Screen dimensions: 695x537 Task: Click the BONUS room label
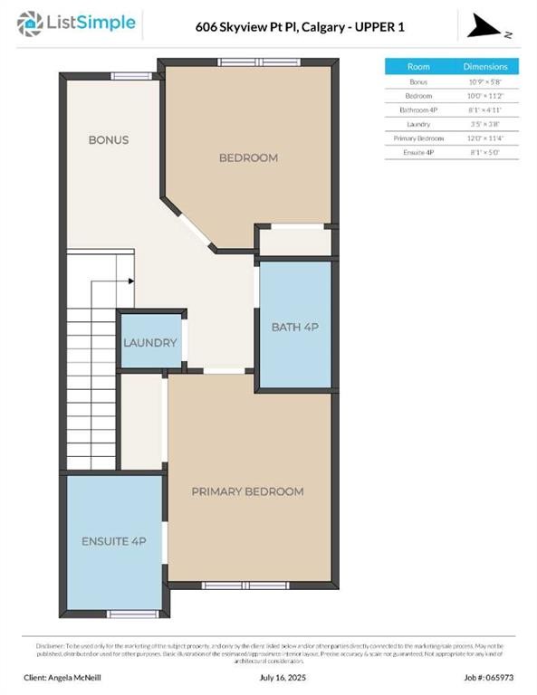[x=108, y=140]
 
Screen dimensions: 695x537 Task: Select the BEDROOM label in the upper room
[x=248, y=158]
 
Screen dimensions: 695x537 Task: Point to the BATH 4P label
[x=294, y=327]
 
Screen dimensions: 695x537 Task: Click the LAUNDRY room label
[x=150, y=344]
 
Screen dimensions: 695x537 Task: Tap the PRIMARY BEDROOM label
[x=247, y=491]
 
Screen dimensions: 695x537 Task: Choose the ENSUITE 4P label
[x=113, y=540]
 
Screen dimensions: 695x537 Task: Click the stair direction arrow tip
[x=132, y=281]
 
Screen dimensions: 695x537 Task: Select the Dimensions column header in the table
[x=485, y=67]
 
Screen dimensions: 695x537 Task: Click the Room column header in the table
[x=418, y=67]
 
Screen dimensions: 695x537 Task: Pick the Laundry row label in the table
[x=418, y=123]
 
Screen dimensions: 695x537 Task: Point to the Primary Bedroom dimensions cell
[x=485, y=138]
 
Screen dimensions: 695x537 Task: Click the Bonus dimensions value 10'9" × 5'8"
[x=485, y=81]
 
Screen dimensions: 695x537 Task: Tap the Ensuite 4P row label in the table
[x=418, y=152]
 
